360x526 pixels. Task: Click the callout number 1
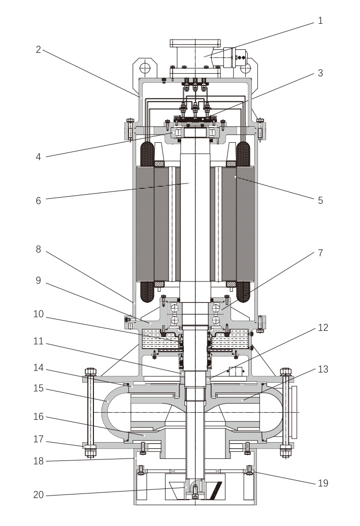(x=320, y=21)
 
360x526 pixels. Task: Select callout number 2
(x=38, y=49)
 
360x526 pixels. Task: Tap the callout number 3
(x=320, y=73)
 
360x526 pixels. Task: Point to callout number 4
(x=38, y=157)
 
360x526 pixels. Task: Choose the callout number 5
(x=320, y=200)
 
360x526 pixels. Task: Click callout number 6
(x=38, y=200)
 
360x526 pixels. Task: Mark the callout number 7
(x=320, y=253)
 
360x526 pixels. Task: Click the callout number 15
(x=38, y=389)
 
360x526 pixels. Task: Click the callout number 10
(x=38, y=315)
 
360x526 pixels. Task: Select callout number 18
(x=38, y=461)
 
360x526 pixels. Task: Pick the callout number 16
(x=38, y=417)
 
